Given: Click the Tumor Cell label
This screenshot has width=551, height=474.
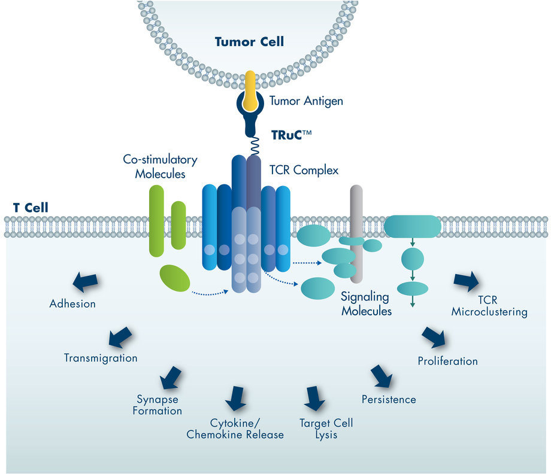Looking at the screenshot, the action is [249, 42].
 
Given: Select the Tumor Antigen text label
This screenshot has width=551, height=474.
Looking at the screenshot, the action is [305, 101].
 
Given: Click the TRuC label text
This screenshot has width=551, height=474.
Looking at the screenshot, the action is [291, 135].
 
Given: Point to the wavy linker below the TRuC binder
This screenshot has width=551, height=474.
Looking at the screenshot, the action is [255, 145].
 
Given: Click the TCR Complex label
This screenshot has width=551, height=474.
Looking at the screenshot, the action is [304, 171].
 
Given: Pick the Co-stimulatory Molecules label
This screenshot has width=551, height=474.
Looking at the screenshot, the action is [161, 166].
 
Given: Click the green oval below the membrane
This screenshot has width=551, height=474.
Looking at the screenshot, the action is [175, 278].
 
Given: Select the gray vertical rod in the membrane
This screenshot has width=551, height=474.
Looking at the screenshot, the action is [356, 234].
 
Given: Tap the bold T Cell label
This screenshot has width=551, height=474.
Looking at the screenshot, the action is [31, 208].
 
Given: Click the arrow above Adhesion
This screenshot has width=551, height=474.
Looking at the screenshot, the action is [85, 282].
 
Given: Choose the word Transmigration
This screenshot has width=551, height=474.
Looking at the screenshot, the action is [101, 358].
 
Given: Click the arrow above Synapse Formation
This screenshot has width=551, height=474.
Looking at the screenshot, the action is [171, 378].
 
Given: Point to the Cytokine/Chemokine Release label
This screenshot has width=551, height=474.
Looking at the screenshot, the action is [235, 429].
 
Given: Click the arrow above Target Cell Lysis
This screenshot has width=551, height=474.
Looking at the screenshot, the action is [314, 399].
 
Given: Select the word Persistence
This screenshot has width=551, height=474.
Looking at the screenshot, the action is [389, 400].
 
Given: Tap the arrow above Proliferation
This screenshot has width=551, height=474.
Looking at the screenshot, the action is [434, 337].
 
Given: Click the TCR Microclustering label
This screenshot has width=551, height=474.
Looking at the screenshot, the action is [489, 306].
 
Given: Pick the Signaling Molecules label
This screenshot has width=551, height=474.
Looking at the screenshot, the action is [366, 303].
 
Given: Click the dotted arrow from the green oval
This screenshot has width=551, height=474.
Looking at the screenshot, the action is [210, 293].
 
